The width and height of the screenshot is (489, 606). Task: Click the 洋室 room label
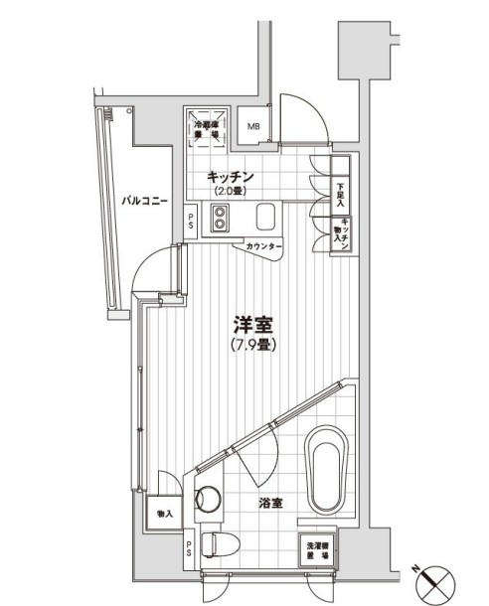(253, 325)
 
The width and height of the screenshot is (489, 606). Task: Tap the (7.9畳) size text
(253, 345)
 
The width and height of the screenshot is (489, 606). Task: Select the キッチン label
(232, 177)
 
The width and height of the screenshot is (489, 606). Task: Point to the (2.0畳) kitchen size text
(232, 191)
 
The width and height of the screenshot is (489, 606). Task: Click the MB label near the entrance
(254, 126)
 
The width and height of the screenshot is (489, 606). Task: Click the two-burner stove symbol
(219, 218)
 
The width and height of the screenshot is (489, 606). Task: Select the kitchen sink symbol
(265, 218)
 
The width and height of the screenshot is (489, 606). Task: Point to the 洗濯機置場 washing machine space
(318, 549)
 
